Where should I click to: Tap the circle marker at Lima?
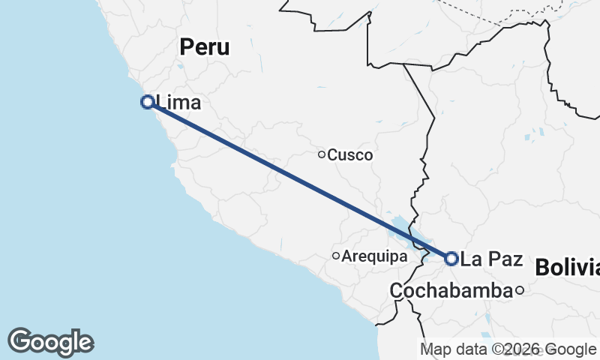[148, 102]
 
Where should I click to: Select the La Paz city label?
[491, 259]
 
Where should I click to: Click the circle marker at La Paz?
[451, 259]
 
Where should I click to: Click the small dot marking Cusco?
[322, 155]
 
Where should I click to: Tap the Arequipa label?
[374, 256]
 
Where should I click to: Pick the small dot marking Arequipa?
[336, 256]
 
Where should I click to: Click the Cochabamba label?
[451, 290]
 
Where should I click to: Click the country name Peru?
[205, 47]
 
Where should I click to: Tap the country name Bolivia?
[567, 268]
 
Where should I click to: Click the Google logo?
[50, 342]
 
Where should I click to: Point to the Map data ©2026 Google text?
[507, 349]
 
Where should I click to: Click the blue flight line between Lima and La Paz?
[300, 180]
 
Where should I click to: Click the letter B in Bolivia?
[542, 268]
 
